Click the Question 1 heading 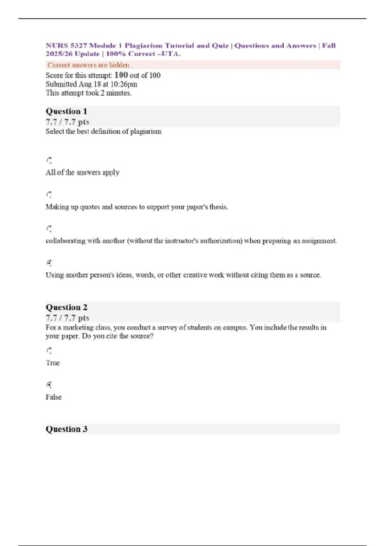tap(66, 111)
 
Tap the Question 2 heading tap(66, 307)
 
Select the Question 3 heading tap(66, 429)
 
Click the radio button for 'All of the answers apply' tap(49, 160)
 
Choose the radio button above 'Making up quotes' tap(49, 195)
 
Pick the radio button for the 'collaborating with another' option tap(49, 229)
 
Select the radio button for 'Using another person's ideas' tap(49, 263)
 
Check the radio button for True tap(49, 351)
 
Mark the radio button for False tap(49, 385)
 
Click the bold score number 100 tap(121, 75)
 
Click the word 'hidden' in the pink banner tap(119, 65)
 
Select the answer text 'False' tap(54, 397)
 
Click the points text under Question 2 tap(67, 318)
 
